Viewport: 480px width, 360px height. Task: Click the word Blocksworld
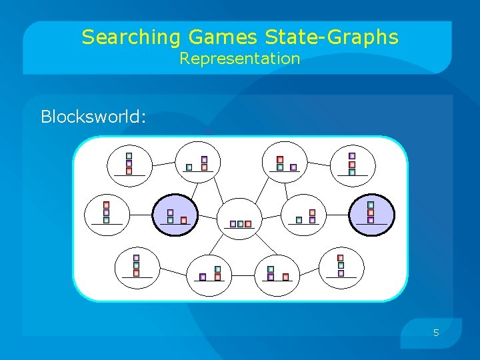[x=92, y=117]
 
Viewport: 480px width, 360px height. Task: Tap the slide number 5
[x=436, y=332]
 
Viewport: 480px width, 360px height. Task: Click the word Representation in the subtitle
[x=240, y=59]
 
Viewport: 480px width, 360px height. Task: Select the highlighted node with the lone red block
[x=175, y=215]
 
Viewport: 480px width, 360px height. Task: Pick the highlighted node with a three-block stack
[x=371, y=215]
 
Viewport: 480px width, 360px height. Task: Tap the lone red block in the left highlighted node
[x=184, y=220]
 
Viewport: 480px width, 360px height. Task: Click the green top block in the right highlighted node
[x=371, y=205]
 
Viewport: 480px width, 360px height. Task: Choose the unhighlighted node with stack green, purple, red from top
[x=129, y=163]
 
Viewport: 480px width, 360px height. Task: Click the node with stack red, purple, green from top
[x=106, y=213]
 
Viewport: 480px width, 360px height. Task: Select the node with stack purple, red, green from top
[x=352, y=164]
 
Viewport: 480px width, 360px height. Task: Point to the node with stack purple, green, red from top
[x=137, y=265]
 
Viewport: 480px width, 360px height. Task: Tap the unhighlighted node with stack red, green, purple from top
[x=341, y=265]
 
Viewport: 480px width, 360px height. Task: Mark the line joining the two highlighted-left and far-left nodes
[x=139, y=215]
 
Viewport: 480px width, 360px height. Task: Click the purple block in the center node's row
[x=233, y=224]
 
